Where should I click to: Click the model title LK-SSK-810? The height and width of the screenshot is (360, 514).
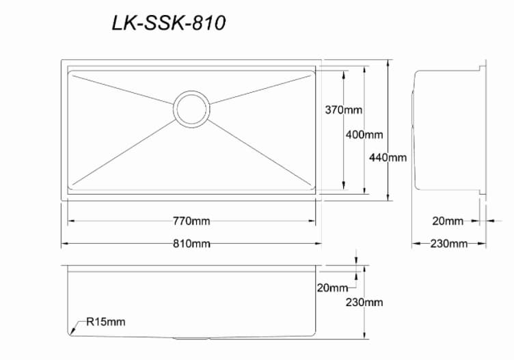[168, 23]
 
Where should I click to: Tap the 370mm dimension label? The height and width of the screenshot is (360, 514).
[343, 110]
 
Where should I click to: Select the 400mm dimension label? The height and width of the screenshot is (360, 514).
[364, 135]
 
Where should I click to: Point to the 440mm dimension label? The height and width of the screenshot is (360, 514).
[388, 157]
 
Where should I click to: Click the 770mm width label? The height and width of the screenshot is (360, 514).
[191, 221]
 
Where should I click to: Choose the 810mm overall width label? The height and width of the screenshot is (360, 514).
[191, 243]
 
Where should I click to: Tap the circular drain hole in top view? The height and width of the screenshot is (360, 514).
[191, 108]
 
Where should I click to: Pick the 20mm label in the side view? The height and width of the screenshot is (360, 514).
[448, 221]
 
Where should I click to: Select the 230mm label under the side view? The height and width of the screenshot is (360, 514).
[448, 243]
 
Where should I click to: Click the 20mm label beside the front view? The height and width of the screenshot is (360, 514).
[332, 287]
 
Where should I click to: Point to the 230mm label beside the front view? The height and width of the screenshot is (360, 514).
[364, 302]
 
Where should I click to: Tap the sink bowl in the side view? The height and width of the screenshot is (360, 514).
[448, 130]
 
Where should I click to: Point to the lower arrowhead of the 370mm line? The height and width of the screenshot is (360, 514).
[343, 186]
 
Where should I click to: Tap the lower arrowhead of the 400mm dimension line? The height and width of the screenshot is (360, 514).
[364, 193]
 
